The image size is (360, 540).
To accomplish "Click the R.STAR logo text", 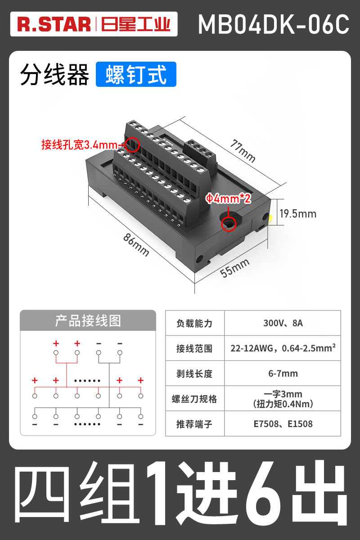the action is click(54, 25).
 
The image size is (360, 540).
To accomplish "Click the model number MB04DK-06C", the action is click(274, 25).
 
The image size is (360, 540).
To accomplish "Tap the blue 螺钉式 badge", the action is click(136, 75).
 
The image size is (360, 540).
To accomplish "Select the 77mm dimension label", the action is click(243, 151).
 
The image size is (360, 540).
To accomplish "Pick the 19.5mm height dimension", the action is click(297, 213).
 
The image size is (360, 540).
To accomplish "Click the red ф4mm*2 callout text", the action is click(228, 198).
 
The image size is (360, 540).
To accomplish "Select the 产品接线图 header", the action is click(88, 321).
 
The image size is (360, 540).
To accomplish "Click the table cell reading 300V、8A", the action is click(283, 323).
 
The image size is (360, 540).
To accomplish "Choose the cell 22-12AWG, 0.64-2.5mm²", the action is click(283, 348).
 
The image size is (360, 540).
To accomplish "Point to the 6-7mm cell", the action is click(283, 373).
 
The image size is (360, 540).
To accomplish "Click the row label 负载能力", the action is click(194, 323).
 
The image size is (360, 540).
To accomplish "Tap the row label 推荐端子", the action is click(194, 424).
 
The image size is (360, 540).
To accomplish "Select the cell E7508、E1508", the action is click(283, 424).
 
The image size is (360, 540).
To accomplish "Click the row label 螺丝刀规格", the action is click(194, 399).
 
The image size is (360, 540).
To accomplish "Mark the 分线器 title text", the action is click(54, 75).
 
